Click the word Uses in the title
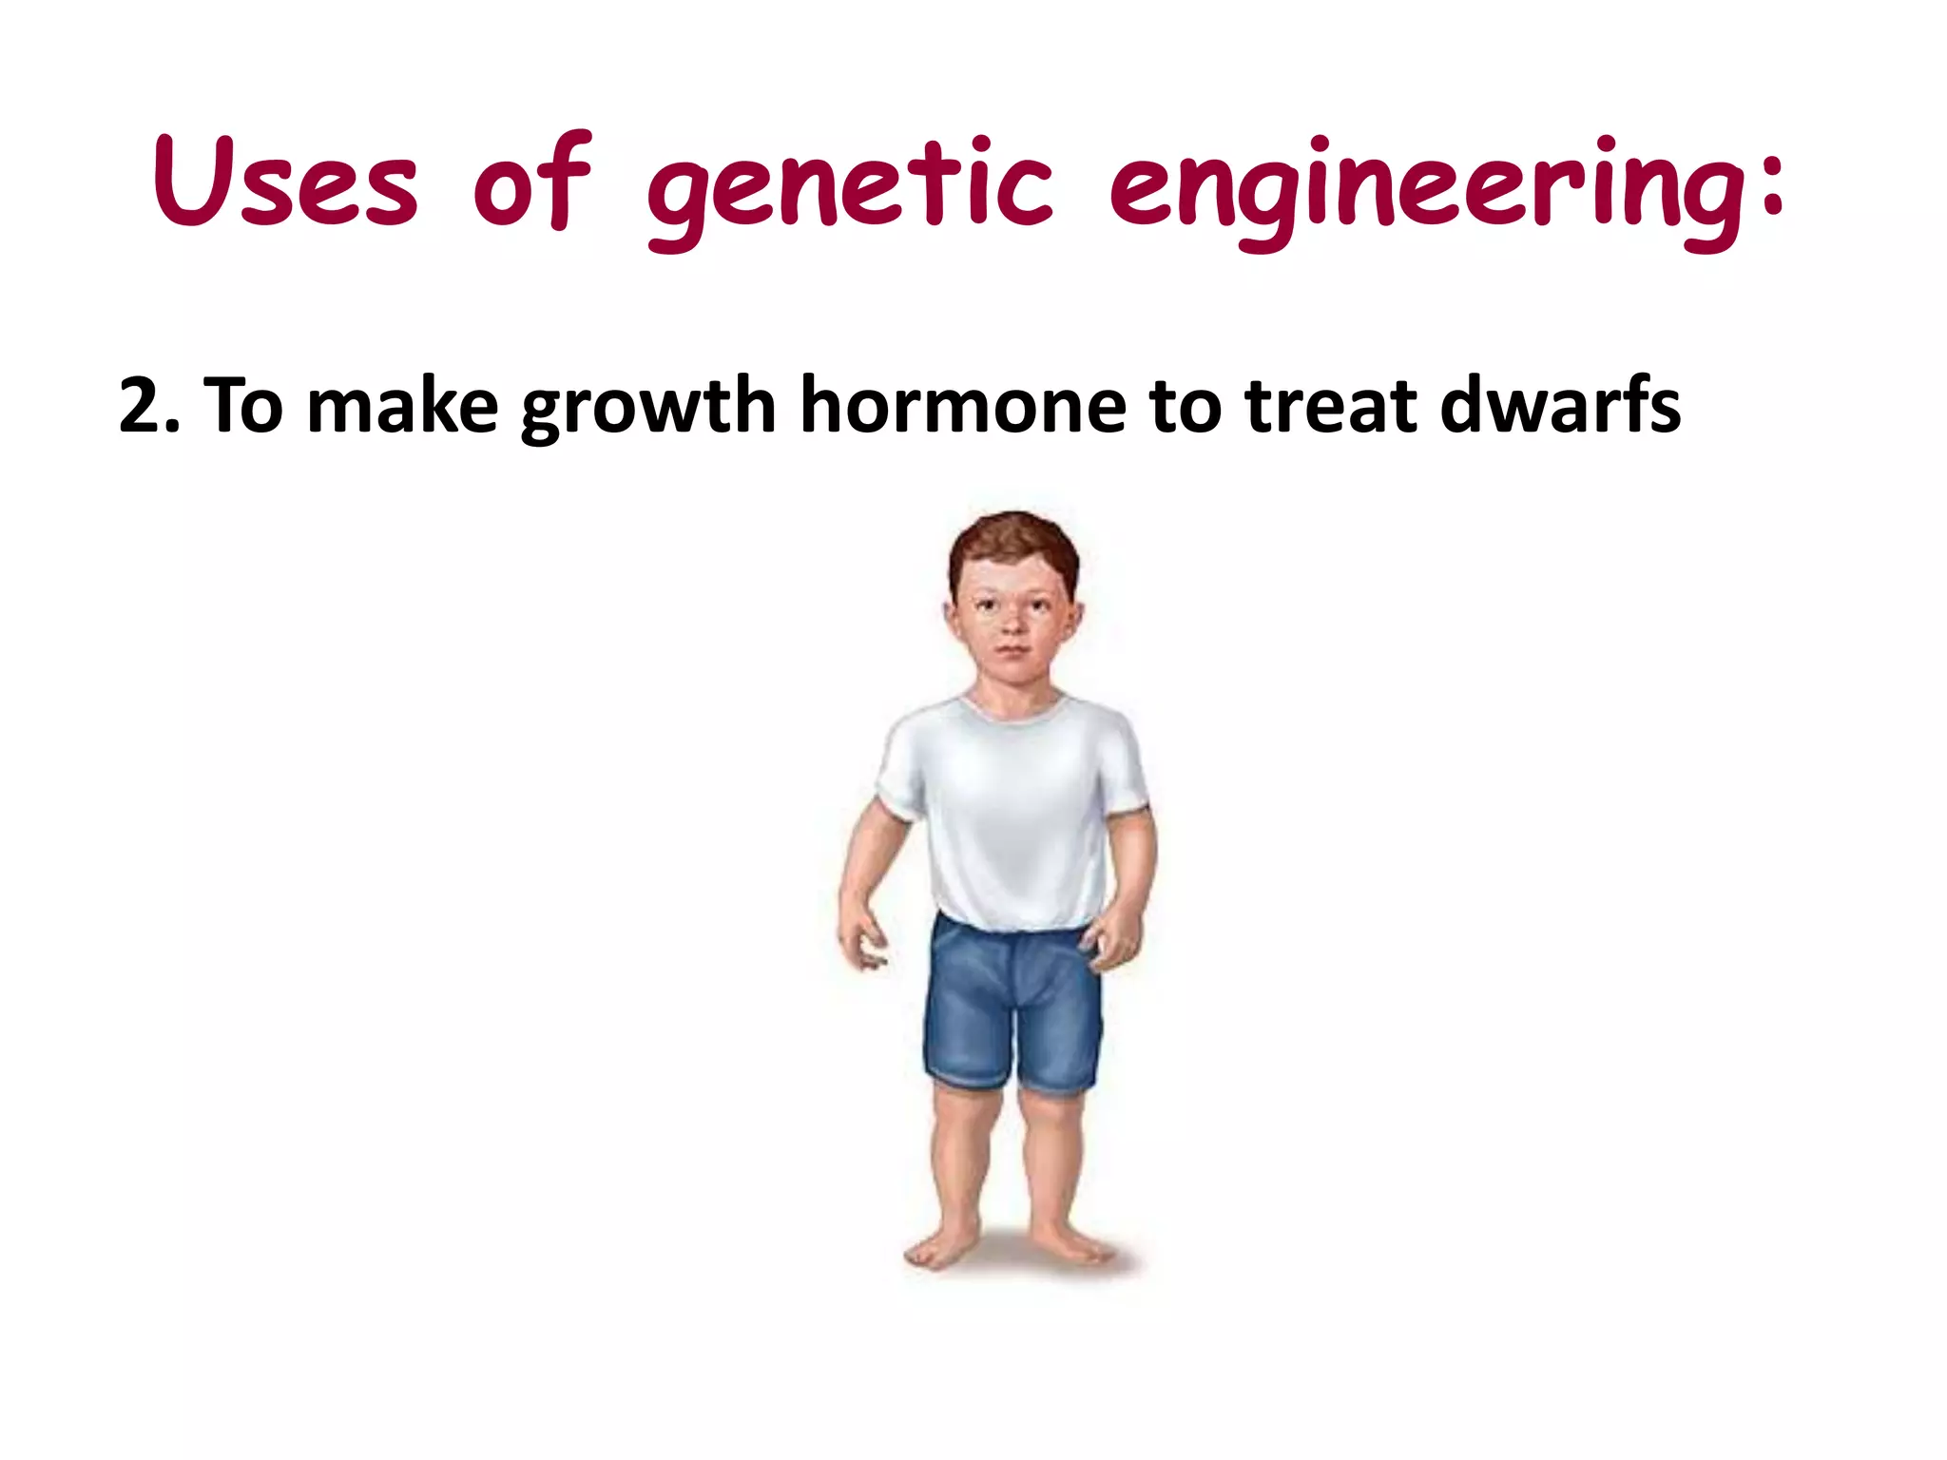click(285, 182)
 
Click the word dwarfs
click(1559, 406)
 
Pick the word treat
click(1331, 406)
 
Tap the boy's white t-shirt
click(1013, 808)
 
